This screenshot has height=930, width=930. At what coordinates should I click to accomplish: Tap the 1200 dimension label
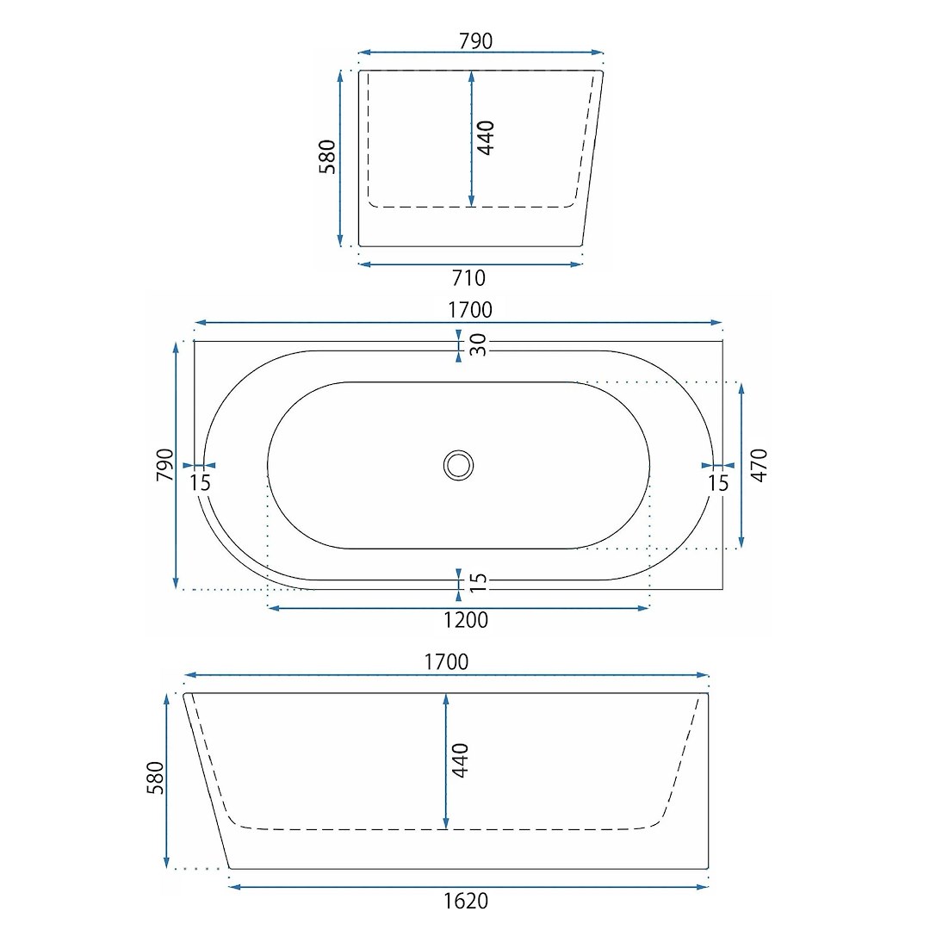click(466, 620)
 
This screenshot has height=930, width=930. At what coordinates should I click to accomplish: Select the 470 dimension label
click(759, 466)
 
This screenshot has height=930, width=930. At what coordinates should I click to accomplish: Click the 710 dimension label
click(468, 277)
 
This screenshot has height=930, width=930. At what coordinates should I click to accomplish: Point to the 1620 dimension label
click(466, 901)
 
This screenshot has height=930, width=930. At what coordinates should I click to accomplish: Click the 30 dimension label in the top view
click(478, 344)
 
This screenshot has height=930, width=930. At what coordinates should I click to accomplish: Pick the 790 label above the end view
click(475, 41)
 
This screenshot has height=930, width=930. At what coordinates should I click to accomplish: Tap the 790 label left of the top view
click(164, 465)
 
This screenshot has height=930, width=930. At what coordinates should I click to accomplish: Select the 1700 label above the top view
click(470, 310)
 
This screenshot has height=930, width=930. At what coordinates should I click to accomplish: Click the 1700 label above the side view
click(446, 662)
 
